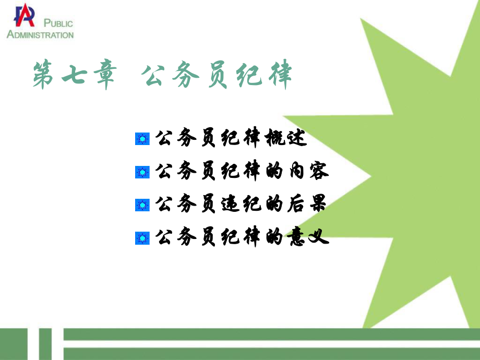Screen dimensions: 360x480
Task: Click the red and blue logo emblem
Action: tap(24, 16)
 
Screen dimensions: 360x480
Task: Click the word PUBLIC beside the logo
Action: tap(58, 23)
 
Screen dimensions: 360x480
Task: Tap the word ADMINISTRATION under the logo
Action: tap(40, 35)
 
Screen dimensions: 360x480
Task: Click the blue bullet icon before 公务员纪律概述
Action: tap(142, 139)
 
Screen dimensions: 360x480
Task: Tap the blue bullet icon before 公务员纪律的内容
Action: tap(142, 172)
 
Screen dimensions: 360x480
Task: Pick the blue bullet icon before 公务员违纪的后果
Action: tap(142, 205)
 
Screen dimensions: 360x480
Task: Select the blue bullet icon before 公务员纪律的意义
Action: tap(142, 238)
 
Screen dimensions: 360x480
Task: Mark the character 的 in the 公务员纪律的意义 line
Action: tap(272, 238)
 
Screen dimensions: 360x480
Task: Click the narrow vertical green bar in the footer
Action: tap(45, 344)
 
